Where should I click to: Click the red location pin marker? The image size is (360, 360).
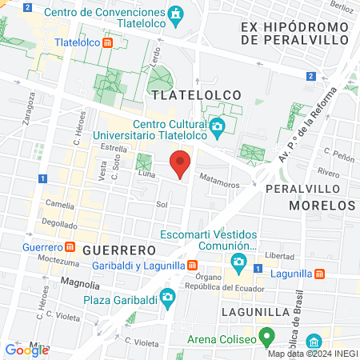tap(181, 164)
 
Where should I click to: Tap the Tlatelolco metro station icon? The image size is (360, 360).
tap(107, 42)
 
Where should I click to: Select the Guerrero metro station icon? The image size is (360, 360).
tap(70, 246)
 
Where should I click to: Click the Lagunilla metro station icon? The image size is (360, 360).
tap(320, 273)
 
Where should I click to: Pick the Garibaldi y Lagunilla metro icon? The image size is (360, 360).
tap(192, 265)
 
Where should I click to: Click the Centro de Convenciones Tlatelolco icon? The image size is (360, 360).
tap(175, 14)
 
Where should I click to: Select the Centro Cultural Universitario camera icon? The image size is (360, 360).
tap(217, 126)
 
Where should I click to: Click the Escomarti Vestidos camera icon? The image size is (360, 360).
tap(238, 262)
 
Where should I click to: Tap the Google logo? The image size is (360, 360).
tap(26, 350)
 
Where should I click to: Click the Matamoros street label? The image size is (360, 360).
tap(219, 184)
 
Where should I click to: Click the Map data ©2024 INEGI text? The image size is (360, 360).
tap(312, 353)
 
